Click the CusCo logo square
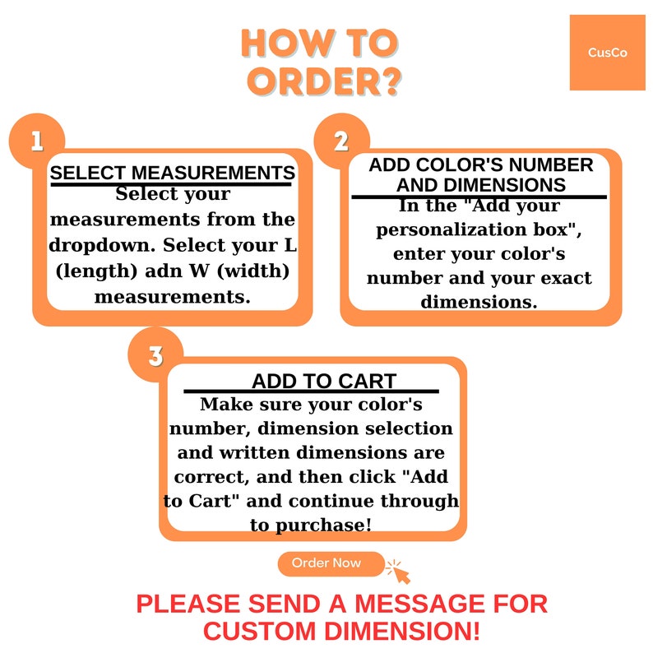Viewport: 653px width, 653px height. tap(607, 53)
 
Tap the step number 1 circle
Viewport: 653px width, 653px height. tap(37, 141)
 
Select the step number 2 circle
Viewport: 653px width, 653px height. tap(341, 141)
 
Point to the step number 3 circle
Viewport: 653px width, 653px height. tap(155, 355)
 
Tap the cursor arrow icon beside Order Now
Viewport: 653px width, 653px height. tap(399, 572)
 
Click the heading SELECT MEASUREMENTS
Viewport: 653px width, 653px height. tap(173, 173)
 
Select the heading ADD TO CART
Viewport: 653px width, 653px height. tap(323, 381)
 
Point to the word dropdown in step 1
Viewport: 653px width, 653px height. tap(102, 246)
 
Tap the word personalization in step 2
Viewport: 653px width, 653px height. tap(451, 230)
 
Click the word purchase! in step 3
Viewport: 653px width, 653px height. tap(323, 526)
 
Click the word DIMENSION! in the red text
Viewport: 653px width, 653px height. tap(402, 631)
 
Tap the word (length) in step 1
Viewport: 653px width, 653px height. tap(96, 271)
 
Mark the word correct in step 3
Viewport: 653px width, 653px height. tap(211, 477)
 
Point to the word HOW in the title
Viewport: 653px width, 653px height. tap(288, 43)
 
